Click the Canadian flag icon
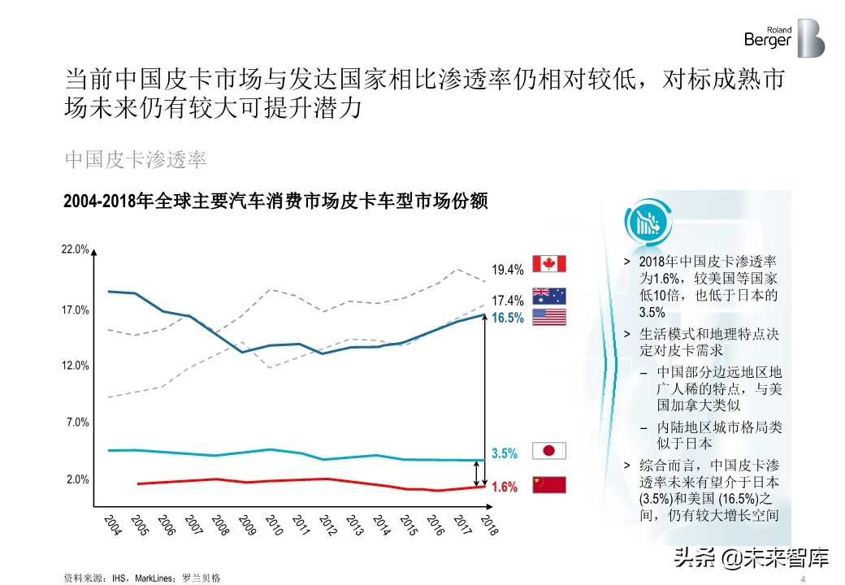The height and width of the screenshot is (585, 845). pyautogui.click(x=548, y=263)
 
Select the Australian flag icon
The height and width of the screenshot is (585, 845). pyautogui.click(x=548, y=297)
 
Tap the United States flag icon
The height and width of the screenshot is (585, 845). pyautogui.click(x=548, y=318)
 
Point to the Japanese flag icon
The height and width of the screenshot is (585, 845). pyautogui.click(x=548, y=452)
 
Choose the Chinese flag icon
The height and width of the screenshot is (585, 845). pyautogui.click(x=548, y=485)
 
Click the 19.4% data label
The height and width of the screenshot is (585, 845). pyautogui.click(x=508, y=270)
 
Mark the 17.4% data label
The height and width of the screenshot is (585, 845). pyautogui.click(x=508, y=301)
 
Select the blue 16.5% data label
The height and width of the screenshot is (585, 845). pyautogui.click(x=508, y=318)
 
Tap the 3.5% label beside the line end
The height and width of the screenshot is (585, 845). pyautogui.click(x=505, y=453)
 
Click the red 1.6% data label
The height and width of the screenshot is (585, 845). pyautogui.click(x=505, y=487)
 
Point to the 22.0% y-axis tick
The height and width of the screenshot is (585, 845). pyautogui.click(x=76, y=249)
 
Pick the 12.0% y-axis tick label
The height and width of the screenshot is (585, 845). pyautogui.click(x=76, y=366)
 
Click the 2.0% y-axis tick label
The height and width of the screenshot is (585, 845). pyautogui.click(x=78, y=479)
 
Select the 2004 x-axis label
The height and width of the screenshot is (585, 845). pyautogui.click(x=113, y=525)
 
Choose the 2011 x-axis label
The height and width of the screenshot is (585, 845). pyautogui.click(x=301, y=525)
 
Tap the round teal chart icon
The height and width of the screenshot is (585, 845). pyautogui.click(x=647, y=221)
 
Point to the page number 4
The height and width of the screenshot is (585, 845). pyautogui.click(x=803, y=578)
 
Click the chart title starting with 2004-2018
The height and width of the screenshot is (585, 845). pyautogui.click(x=275, y=201)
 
